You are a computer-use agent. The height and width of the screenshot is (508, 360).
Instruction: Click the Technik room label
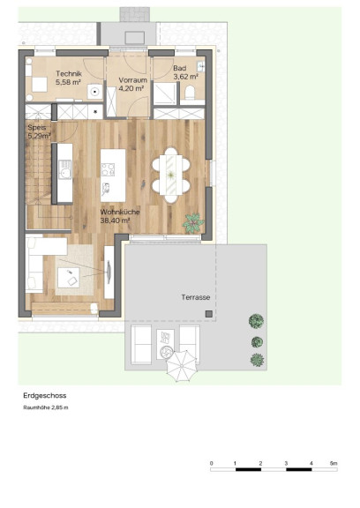(x=69, y=74)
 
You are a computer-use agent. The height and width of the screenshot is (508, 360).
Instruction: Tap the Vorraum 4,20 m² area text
(x=131, y=88)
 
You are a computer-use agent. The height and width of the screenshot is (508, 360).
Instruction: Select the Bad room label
(x=179, y=69)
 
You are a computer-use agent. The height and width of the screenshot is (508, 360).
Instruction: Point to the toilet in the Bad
(x=190, y=93)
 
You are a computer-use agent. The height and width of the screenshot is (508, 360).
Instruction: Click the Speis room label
(x=37, y=127)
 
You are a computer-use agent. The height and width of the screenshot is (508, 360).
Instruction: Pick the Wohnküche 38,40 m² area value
(x=115, y=220)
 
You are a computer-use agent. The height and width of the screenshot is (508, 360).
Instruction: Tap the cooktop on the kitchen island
(x=108, y=169)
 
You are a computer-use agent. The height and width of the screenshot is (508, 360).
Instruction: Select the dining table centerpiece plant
(x=171, y=176)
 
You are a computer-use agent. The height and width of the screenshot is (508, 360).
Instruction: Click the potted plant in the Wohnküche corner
(x=193, y=223)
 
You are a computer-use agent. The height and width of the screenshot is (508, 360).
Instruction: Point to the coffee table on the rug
(x=68, y=277)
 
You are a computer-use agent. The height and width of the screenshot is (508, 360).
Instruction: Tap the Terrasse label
(x=196, y=297)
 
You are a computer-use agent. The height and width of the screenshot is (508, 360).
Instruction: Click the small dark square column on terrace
(x=209, y=314)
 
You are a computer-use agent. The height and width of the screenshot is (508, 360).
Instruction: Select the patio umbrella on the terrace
(x=182, y=366)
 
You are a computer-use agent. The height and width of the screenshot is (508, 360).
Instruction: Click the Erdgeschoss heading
(x=45, y=396)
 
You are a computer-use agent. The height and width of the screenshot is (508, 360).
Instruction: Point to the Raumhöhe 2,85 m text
(x=46, y=407)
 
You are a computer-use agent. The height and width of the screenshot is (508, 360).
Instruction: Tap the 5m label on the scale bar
(x=334, y=463)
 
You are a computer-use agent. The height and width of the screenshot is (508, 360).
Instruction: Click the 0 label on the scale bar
(x=211, y=463)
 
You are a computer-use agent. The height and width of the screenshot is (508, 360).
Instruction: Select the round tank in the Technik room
(x=94, y=92)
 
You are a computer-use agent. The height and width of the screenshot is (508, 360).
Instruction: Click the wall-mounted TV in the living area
(x=109, y=272)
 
